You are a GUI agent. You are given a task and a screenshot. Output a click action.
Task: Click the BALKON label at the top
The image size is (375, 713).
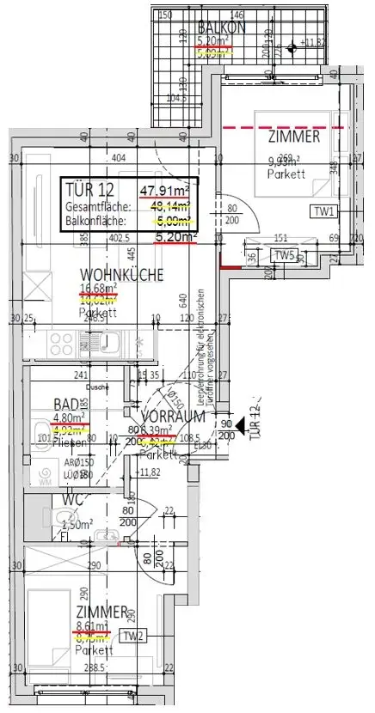click(222, 27)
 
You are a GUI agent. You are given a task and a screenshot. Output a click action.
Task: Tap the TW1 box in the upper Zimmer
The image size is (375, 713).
click(324, 211)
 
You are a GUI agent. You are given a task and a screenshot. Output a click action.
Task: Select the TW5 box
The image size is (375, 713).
click(285, 255)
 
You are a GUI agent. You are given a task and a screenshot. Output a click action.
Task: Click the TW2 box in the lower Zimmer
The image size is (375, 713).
click(132, 636)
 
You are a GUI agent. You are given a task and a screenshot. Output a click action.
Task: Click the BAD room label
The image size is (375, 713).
click(65, 404)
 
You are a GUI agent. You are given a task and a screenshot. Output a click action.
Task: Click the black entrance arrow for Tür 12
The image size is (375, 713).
click(242, 424)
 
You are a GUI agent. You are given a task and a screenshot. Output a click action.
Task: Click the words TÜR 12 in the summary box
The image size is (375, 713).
click(88, 190)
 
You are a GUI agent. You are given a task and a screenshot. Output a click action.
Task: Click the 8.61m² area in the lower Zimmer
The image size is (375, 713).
click(93, 626)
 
